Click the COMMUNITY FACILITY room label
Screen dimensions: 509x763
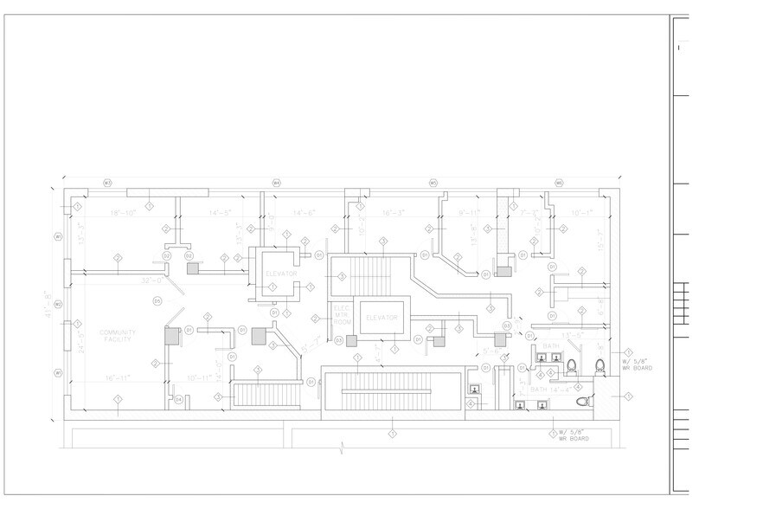[x=118, y=337]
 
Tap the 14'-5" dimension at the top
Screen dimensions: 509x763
[x=221, y=212]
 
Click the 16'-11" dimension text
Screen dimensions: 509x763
[x=116, y=378]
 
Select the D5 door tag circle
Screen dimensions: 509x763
[x=157, y=301]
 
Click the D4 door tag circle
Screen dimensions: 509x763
[x=179, y=399]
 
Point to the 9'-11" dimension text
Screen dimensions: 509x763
[x=468, y=212]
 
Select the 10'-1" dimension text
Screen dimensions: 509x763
[x=581, y=212]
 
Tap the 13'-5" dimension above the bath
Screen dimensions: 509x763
[x=570, y=334]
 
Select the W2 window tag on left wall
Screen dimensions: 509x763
[x=58, y=305]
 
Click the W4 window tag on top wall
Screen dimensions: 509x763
[x=277, y=183]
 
